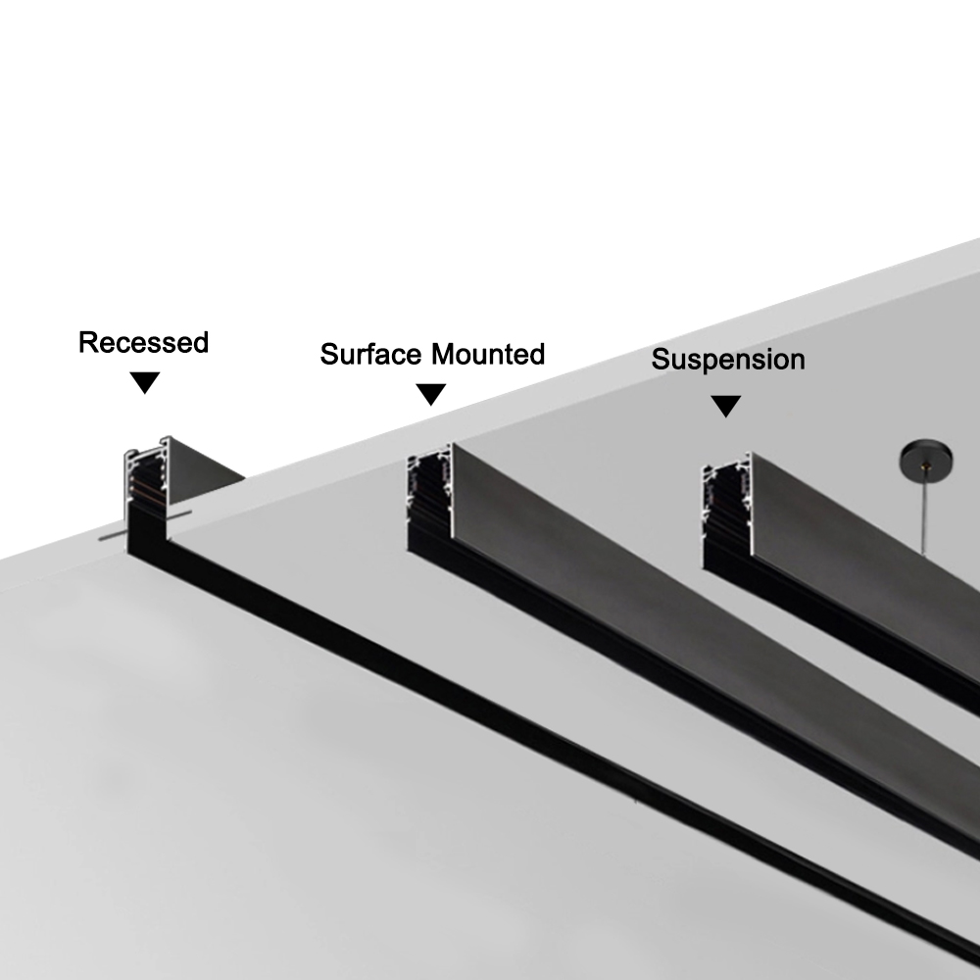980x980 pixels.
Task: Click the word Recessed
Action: [x=143, y=343]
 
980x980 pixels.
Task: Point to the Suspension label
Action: [x=728, y=360]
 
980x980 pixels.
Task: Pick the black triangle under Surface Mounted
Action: [x=431, y=394]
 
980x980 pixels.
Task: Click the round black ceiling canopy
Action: [x=925, y=457]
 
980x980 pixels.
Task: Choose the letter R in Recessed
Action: [x=87, y=343]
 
